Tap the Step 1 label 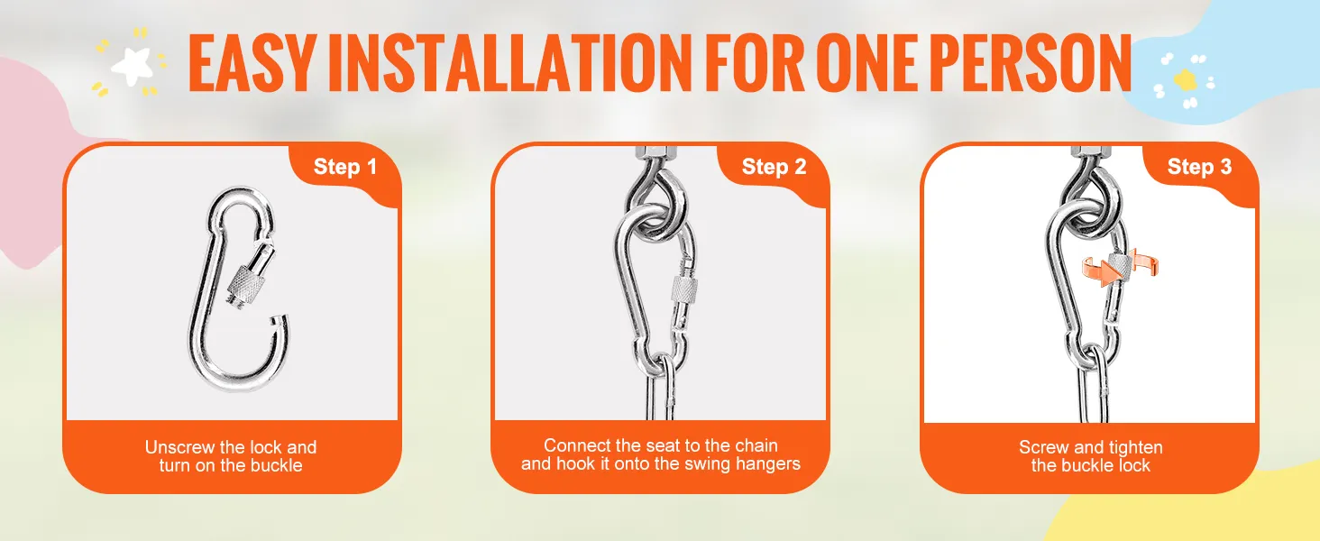point(344,167)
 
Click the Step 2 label point(774,167)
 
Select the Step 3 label point(1199,167)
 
